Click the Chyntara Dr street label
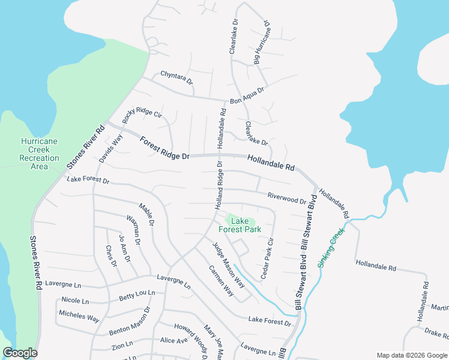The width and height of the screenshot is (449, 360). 176,77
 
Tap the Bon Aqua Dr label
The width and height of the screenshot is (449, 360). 247,95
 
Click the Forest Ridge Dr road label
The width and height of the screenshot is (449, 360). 164,148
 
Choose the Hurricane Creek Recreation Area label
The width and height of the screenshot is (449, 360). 39,153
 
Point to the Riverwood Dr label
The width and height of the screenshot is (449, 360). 287,198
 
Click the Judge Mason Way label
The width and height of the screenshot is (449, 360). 229,264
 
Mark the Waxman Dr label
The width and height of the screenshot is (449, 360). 133,230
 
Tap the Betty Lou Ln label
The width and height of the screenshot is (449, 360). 137,295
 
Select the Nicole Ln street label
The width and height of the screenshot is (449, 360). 75,300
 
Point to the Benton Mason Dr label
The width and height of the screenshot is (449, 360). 129,322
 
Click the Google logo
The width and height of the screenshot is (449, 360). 20,353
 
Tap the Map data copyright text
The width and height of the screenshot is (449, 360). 412,355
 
